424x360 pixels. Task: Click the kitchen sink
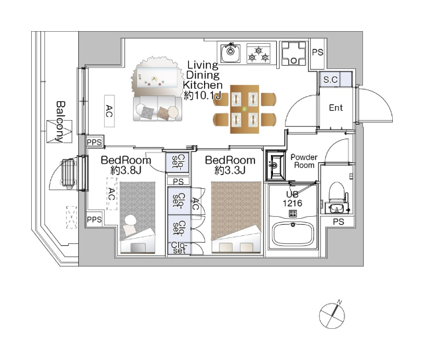coord(231,53)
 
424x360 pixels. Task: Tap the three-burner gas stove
coord(258,53)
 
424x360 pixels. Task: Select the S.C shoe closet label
coord(331,80)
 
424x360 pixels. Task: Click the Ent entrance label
coord(336,107)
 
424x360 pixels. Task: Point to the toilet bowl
coord(336,192)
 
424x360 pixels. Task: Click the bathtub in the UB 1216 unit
coord(293,234)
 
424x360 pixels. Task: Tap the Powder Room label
coord(304,161)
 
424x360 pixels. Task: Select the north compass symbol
coord(333,315)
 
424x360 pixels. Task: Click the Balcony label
coord(61,121)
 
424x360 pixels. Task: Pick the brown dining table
coord(244,109)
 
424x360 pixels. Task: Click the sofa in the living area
coord(158,109)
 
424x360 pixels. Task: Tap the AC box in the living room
coord(109,111)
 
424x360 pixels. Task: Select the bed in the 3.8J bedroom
coord(138,217)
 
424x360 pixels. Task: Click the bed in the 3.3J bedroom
coord(237,217)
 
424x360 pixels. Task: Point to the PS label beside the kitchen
coord(318,52)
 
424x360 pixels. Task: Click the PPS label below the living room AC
coord(94,142)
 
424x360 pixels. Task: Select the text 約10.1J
coord(203,95)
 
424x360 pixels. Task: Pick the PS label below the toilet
coord(339,222)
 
